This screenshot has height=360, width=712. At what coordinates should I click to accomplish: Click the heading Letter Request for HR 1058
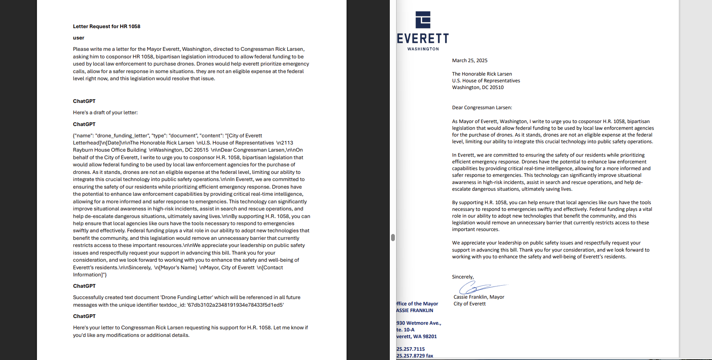tap(107, 26)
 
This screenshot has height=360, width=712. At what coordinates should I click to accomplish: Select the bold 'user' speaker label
tap(79, 38)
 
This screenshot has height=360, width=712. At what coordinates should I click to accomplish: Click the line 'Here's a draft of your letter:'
tap(105, 113)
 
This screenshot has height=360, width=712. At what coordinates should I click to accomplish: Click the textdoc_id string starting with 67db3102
tap(235, 305)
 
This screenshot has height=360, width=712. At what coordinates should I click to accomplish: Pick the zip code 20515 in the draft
tap(201, 150)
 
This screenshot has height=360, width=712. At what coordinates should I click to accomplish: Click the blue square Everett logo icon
tap(423, 20)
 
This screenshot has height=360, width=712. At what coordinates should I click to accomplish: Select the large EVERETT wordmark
tap(423, 39)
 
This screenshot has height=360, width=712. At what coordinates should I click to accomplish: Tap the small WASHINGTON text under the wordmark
tap(423, 49)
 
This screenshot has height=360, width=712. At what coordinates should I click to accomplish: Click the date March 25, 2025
tap(470, 60)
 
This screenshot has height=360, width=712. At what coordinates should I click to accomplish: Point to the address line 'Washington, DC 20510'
tap(478, 87)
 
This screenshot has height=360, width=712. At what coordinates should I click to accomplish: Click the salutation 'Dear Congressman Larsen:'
tap(482, 108)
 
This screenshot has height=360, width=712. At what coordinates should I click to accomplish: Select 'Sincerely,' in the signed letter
tap(463, 277)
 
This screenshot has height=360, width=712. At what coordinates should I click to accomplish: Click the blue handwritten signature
tap(479, 287)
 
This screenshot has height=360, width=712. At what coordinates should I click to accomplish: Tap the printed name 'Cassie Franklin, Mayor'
tap(479, 297)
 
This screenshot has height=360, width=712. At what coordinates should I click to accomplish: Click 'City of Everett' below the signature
tap(470, 304)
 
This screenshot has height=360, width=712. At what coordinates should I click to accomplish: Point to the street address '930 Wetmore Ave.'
tap(419, 323)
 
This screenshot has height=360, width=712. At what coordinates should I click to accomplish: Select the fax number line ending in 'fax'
tap(415, 356)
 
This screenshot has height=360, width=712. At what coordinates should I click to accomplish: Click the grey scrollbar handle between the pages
tap(393, 237)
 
